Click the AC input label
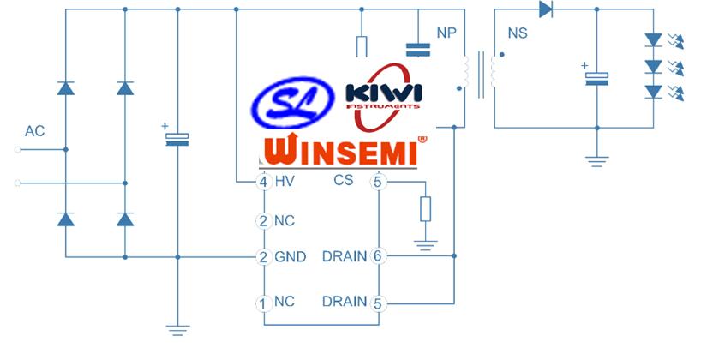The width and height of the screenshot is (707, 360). click(35, 131)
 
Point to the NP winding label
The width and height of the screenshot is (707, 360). click(446, 33)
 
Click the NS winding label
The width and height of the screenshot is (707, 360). click(518, 33)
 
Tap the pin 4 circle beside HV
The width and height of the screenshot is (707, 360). click(264, 182)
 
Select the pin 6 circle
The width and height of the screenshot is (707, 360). click(378, 256)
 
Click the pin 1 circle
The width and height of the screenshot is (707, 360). click(264, 303)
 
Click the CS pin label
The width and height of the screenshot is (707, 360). click(343, 182)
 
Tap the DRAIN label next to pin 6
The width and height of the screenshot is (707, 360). click(345, 256)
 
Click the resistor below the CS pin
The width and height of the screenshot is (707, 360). click(424, 208)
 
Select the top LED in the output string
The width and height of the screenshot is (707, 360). click(654, 39)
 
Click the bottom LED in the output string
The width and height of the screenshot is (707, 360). click(654, 92)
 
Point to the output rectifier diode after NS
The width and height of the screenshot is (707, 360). click(546, 10)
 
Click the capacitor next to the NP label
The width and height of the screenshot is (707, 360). click(417, 49)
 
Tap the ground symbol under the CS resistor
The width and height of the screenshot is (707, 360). click(424, 243)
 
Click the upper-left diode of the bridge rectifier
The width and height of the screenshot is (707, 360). click(65, 87)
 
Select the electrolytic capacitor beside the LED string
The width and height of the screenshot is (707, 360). click(596, 79)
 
